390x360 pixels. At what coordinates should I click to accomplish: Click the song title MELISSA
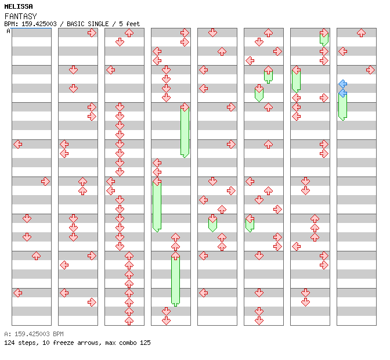18,6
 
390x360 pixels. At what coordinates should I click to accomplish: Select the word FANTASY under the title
20,16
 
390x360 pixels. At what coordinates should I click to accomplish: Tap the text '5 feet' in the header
129,24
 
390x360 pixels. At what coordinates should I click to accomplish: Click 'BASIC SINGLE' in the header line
90,24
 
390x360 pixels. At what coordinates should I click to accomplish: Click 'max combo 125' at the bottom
128,343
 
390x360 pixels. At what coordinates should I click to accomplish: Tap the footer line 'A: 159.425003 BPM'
34,334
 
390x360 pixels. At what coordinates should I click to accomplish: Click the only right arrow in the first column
45,181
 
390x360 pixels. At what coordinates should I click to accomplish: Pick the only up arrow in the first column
36,255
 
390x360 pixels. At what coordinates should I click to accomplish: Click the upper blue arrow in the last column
342,84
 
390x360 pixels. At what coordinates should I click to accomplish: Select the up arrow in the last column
361,33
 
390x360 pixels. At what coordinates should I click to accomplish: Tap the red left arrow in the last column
342,51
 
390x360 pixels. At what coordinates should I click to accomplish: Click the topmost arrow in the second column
92,33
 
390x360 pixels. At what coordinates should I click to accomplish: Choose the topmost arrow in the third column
129,33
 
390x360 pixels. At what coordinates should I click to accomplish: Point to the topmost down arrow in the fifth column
212,33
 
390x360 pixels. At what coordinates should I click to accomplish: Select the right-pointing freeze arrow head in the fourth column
185,107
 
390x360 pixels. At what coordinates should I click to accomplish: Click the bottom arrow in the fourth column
166,321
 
